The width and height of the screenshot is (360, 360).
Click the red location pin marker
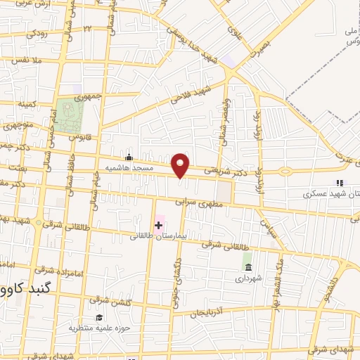[x=181, y=165]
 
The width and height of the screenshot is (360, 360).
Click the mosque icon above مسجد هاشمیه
[x=129, y=157]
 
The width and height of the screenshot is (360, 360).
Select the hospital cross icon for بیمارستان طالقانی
[x=158, y=225]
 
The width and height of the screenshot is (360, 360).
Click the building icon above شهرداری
[x=247, y=265]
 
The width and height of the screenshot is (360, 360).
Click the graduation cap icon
[x=99, y=317]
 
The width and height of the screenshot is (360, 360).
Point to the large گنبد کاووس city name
[x=25, y=288]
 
